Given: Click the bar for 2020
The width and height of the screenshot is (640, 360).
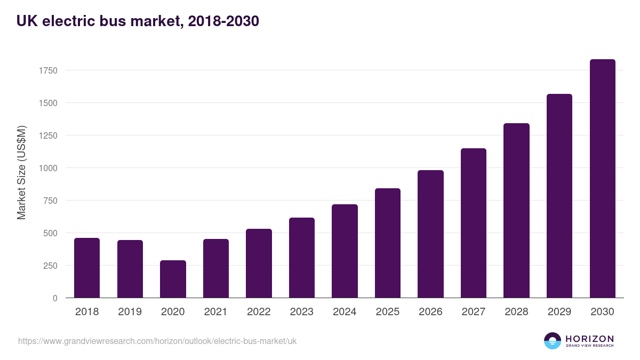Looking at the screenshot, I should click(173, 279).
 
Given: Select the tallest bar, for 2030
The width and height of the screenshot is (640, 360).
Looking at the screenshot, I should click(602, 179).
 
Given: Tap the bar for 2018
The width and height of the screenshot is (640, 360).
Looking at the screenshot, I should click(87, 268).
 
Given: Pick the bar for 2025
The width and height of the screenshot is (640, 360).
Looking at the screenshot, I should click(388, 243).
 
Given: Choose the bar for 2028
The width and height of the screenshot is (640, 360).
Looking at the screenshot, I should click(516, 211).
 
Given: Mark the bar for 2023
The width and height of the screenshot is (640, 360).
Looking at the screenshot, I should click(302, 258).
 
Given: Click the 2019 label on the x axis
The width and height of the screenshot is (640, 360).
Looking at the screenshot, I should click(130, 312).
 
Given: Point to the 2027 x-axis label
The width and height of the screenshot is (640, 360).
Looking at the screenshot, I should click(474, 312).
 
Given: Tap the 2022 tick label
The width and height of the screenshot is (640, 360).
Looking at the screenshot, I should click(259, 312).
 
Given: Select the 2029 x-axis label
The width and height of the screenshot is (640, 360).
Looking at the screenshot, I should click(559, 312).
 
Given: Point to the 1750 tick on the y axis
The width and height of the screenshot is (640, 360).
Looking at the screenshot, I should click(47, 70).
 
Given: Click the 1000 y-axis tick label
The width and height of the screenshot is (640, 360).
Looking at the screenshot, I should click(47, 168).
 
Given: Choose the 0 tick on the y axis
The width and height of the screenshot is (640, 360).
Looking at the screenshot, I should click(55, 298).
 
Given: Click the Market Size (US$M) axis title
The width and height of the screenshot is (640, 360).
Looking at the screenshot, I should click(21, 172).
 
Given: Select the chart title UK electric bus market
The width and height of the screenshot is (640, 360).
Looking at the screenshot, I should click(138, 21).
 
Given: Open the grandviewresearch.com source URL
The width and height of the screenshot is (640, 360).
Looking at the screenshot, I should click(157, 341).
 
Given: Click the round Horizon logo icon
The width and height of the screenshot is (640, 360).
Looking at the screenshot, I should click(552, 341).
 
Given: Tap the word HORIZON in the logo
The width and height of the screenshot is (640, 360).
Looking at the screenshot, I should click(589, 339).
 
